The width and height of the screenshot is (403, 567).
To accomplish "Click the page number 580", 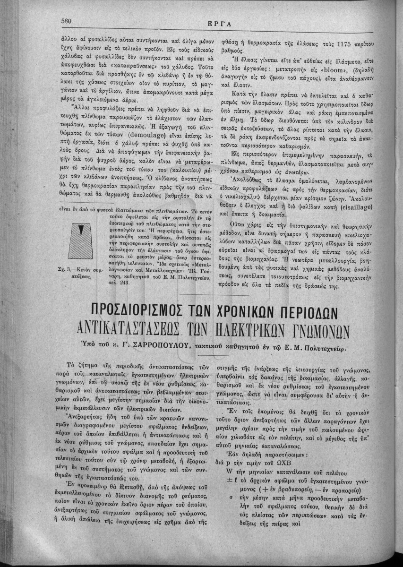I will click(x=68, y=20).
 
